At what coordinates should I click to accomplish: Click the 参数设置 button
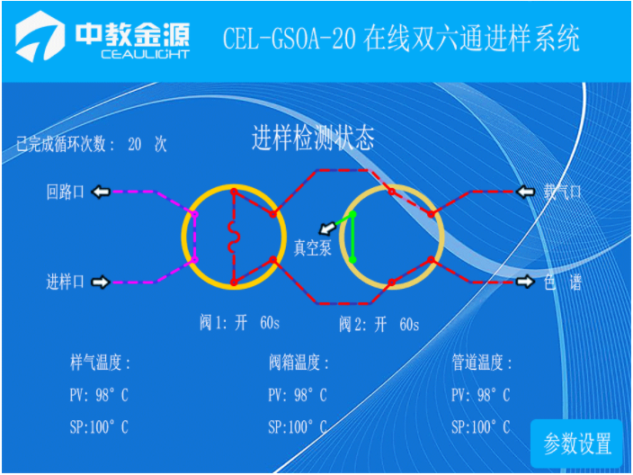576,444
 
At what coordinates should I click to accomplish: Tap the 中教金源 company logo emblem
40,37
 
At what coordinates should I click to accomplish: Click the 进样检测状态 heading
313,138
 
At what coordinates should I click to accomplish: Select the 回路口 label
65,192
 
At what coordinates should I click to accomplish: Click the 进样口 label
65,282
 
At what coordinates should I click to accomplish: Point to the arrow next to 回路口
101,192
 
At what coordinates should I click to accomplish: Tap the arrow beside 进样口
101,282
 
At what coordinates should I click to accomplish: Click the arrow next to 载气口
526,192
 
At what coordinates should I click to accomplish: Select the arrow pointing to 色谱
525,281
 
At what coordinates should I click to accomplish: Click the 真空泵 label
313,247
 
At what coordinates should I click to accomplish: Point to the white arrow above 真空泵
327,229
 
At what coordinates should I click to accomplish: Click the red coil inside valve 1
234,237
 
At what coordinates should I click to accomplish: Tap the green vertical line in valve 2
352,237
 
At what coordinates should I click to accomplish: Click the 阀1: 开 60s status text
239,323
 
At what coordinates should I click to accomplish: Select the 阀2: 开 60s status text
379,325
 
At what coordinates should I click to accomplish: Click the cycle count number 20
135,144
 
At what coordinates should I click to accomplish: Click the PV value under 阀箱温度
298,395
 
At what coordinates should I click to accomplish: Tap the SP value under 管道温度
480,427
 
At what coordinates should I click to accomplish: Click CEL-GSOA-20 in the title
290,39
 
